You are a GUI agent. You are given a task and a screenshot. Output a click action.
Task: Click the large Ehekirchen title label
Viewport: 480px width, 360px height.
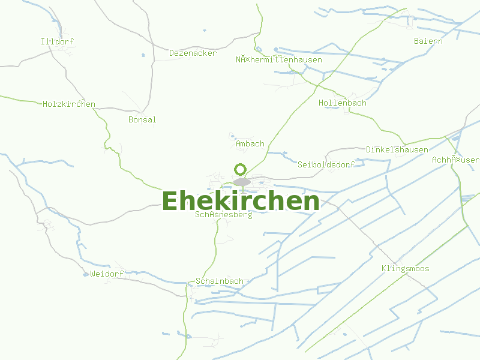pos(240,201)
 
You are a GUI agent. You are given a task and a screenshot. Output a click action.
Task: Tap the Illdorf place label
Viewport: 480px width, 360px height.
pos(57,41)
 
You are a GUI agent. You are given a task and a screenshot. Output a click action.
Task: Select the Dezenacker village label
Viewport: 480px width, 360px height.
pos(193,53)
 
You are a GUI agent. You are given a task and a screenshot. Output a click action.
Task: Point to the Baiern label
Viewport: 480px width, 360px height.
pos(428,41)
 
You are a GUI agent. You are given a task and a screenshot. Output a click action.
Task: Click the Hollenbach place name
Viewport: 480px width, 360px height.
pos(342,103)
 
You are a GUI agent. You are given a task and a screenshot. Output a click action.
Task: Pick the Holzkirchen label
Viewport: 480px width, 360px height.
pos(69,104)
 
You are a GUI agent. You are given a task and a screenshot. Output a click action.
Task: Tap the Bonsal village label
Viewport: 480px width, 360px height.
pos(142,119)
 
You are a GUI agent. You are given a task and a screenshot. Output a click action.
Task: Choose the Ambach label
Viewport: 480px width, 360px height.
pos(250,143)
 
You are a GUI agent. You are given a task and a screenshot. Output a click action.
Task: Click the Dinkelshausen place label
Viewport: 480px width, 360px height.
pos(397,149)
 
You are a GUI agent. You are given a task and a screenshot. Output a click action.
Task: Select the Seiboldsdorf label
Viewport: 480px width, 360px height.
pos(326,164)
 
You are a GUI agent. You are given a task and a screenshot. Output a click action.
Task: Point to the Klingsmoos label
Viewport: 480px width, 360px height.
pos(406,268)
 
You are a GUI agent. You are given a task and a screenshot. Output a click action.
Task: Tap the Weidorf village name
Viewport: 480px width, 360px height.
pos(107,274)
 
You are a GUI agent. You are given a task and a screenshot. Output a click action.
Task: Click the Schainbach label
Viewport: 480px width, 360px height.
pos(220,281)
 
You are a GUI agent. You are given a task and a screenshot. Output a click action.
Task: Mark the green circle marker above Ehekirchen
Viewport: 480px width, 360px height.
pos(241,169)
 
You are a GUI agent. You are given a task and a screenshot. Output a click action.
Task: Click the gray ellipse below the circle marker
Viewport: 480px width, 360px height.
pos(242,182)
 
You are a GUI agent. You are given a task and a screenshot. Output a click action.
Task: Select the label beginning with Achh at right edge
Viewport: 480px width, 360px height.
pos(455,160)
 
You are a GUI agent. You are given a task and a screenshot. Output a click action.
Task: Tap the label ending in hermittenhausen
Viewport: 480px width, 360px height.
pos(279,59)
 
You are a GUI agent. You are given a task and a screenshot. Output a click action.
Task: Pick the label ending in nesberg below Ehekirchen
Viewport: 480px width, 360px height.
pos(224,214)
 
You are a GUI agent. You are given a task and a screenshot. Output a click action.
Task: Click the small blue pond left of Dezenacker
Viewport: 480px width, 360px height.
pos(143,55)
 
